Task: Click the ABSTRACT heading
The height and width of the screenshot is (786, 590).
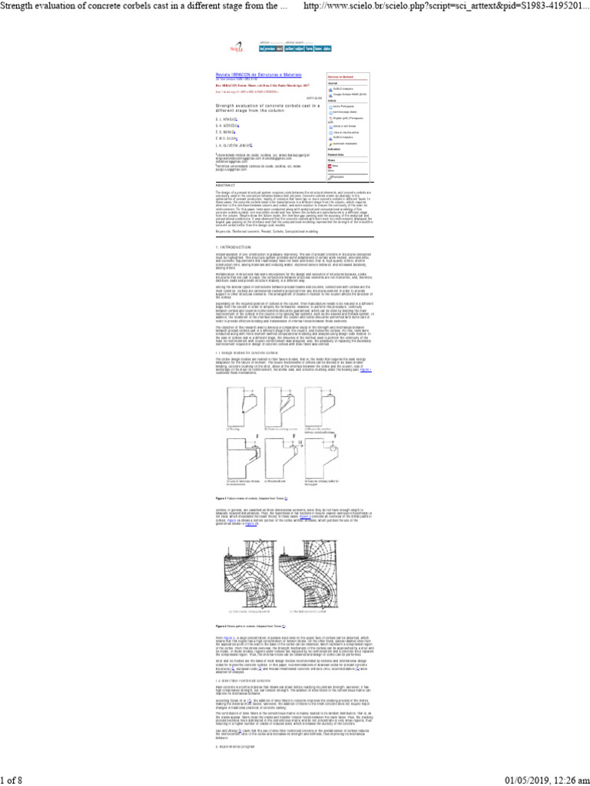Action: click(226, 185)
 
